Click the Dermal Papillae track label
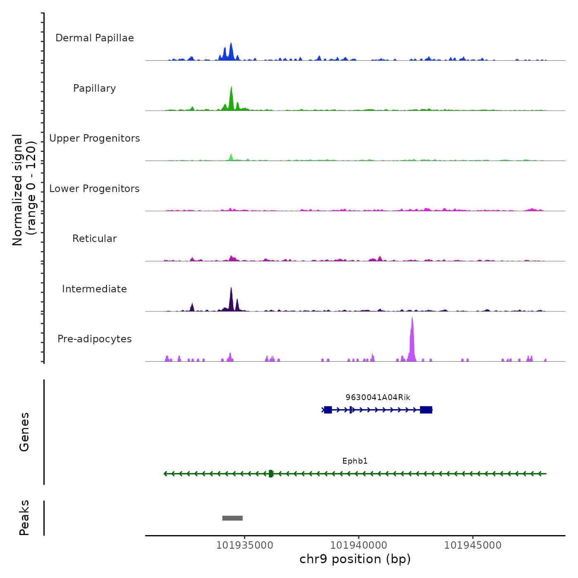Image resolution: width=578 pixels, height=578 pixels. click(x=95, y=38)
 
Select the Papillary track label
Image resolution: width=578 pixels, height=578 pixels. click(x=95, y=88)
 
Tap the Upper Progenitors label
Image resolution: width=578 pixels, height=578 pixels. click(x=95, y=138)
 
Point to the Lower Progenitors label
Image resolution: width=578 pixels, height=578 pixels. click(x=95, y=189)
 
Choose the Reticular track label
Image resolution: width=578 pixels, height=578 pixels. click(x=95, y=239)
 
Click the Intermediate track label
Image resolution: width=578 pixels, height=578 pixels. click(x=95, y=289)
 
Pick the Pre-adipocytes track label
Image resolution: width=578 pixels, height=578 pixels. click(x=95, y=339)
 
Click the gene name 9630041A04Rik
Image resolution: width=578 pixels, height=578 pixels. click(x=378, y=398)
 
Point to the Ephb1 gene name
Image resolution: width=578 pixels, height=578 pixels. click(x=355, y=461)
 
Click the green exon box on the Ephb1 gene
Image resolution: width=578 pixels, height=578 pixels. click(x=271, y=474)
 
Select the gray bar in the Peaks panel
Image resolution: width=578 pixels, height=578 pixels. click(x=232, y=518)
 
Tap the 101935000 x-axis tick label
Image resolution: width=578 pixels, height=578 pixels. click(x=244, y=545)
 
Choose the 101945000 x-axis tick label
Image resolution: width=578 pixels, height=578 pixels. click(x=473, y=545)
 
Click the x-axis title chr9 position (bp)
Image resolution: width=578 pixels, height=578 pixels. click(x=355, y=559)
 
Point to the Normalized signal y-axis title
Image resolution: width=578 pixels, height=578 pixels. click(x=24, y=190)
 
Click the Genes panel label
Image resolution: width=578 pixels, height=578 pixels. click(x=24, y=432)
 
